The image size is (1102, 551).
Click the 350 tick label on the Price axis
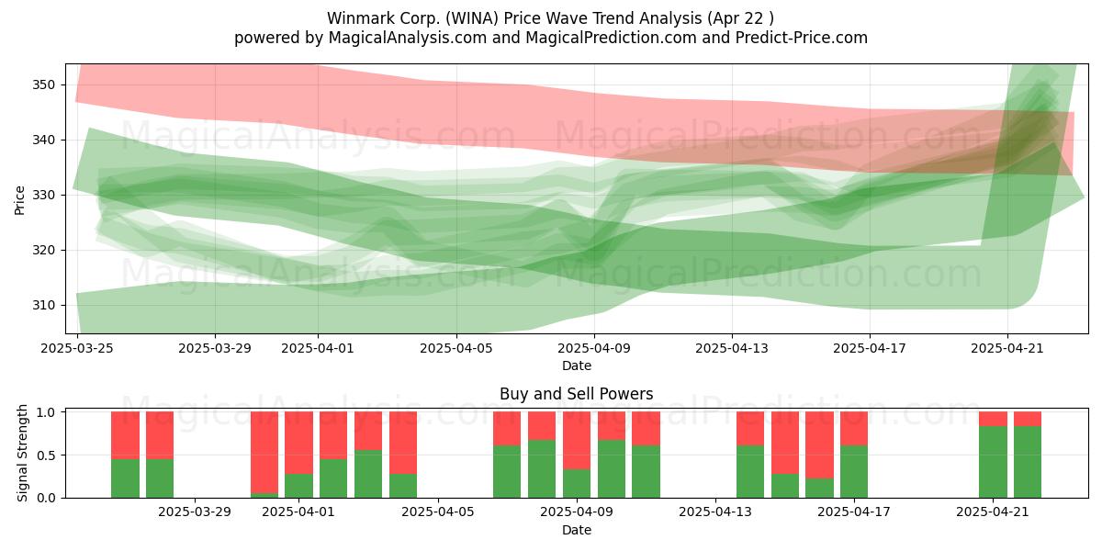point(43,85)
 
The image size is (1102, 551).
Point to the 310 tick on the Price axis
point(43,306)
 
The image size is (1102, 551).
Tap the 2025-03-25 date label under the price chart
point(77,348)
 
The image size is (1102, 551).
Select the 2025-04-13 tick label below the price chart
point(732,348)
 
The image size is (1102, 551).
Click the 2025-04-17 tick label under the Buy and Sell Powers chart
point(854,512)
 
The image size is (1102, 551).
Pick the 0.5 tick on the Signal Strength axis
point(48,455)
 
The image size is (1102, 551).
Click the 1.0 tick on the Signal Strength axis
point(48,411)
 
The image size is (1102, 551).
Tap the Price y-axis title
point(19,200)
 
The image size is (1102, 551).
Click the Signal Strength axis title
point(22,453)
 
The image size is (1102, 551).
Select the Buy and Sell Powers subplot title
point(576,394)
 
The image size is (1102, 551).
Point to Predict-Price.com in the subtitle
point(802,38)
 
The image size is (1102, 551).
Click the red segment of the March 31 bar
point(264,452)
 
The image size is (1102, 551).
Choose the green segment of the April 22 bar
point(1028,462)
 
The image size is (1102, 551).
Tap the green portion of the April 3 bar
point(368,474)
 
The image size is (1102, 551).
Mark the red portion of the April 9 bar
point(577,440)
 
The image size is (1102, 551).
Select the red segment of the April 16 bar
point(819,444)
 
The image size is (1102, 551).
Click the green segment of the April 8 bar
point(542,469)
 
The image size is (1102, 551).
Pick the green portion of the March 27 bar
point(160,478)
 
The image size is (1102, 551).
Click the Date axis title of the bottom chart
point(577,531)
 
